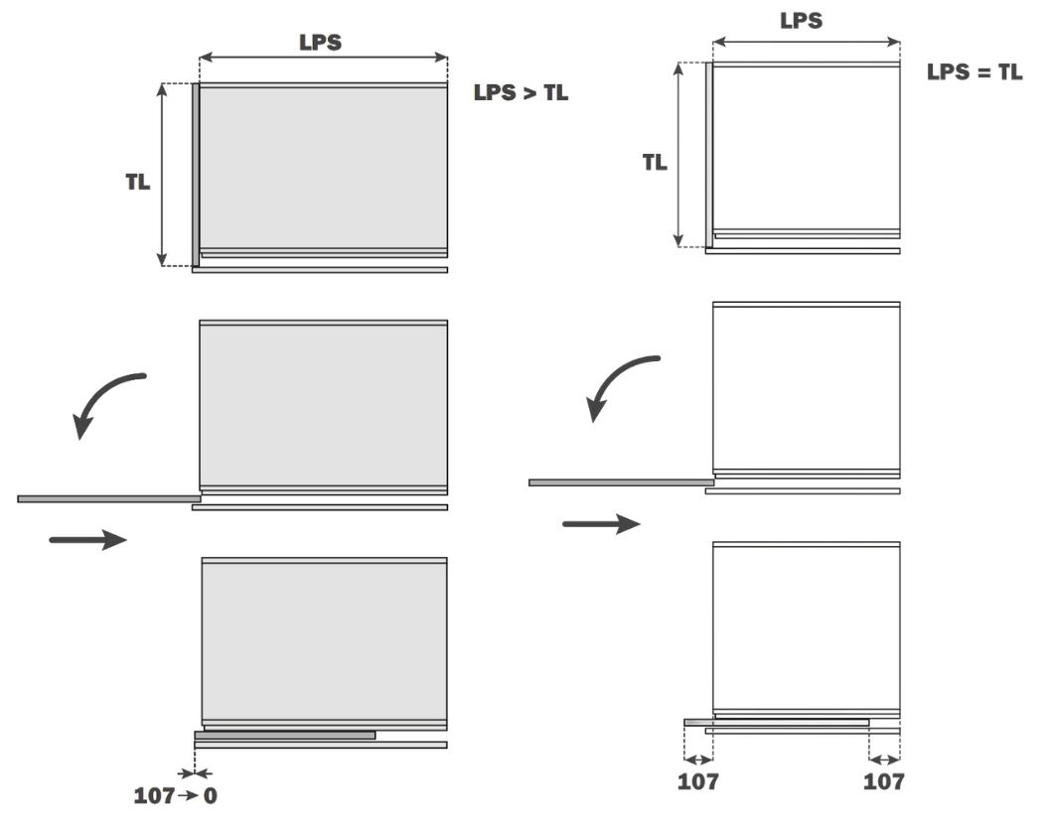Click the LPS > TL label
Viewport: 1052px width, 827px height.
[x=521, y=92]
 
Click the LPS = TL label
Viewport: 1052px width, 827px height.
[x=975, y=71]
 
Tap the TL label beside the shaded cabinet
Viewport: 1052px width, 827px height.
[x=137, y=182]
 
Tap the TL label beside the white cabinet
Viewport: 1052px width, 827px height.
[x=655, y=162]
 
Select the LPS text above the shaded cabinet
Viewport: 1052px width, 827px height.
[x=320, y=43]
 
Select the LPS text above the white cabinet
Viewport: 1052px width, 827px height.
[x=801, y=21]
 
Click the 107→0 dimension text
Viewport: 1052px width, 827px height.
[x=175, y=795]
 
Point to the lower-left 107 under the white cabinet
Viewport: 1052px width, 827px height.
[x=697, y=781]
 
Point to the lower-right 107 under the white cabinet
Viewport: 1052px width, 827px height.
[x=883, y=781]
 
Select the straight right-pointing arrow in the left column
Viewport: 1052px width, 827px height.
[x=87, y=539]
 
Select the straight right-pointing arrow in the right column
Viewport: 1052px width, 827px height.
[x=601, y=524]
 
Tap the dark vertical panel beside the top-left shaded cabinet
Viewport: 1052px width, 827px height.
[x=196, y=175]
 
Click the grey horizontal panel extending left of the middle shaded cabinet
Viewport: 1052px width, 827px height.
[x=109, y=499]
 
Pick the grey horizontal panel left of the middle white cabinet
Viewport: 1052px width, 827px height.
[x=621, y=482]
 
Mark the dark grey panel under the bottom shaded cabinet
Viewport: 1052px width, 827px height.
[x=285, y=735]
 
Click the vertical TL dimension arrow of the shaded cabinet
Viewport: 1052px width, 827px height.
[x=162, y=175]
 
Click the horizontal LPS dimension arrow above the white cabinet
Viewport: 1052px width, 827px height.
[x=807, y=43]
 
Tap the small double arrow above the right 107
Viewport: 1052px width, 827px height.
[x=884, y=759]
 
